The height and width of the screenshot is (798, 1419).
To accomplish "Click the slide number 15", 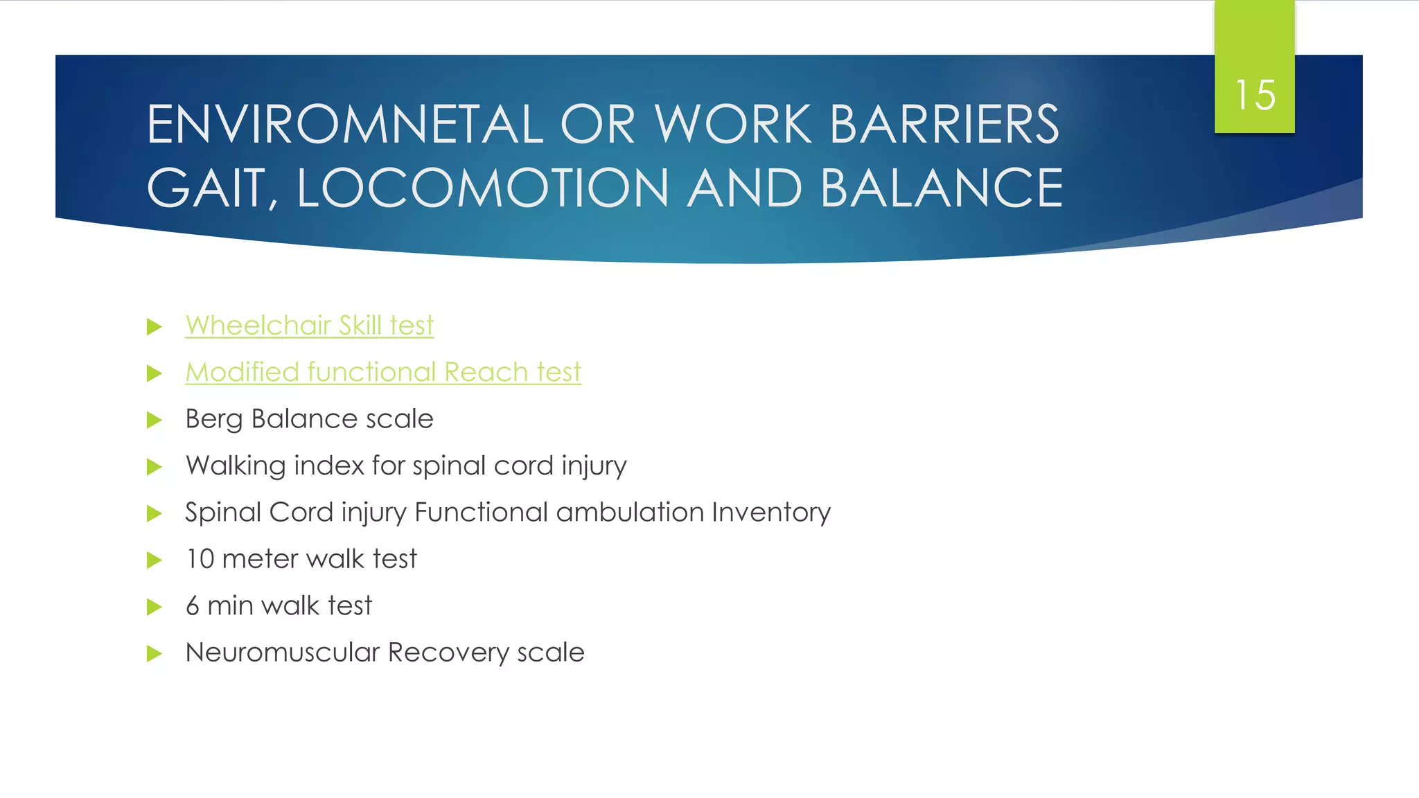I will (1255, 95).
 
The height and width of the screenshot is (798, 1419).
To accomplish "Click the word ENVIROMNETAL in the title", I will (344, 125).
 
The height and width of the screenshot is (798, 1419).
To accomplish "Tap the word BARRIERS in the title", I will (944, 125).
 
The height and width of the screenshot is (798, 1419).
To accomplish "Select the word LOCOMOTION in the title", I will (483, 188).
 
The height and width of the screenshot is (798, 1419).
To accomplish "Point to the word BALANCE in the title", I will (942, 188).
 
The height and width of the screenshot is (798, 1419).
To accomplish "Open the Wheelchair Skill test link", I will (309, 326).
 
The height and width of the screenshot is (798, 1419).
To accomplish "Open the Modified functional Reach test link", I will (382, 372).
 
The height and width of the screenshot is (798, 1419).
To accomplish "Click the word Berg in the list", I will (213, 419).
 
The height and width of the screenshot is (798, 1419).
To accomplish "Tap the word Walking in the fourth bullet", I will (236, 465).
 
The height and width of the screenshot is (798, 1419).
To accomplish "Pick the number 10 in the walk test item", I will (200, 559).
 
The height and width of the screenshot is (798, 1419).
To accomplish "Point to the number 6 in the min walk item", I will (193, 606).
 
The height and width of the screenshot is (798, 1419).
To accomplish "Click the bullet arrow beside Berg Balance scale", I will (155, 420).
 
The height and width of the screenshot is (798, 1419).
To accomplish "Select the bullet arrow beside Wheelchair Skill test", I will (155, 326).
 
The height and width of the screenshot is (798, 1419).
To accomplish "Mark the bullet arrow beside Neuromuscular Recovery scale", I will (155, 653).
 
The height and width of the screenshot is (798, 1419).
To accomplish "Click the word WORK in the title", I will (732, 125).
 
